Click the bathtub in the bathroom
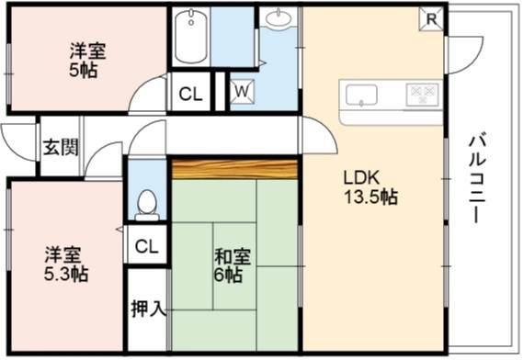[x=191, y=36]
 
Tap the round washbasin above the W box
[x=279, y=17]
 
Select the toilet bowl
[x=147, y=205]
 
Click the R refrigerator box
[x=431, y=19]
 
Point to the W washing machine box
[x=243, y=91]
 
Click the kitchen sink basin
[x=361, y=95]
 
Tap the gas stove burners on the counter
[x=422, y=95]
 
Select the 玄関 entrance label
[x=61, y=147]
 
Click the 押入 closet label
[x=148, y=309]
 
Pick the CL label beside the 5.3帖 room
[x=146, y=247]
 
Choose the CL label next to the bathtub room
[x=190, y=95]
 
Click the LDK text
[x=361, y=178]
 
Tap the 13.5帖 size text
[x=371, y=197]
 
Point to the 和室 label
[x=233, y=256]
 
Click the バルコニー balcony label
[x=478, y=177]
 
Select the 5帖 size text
[x=84, y=70]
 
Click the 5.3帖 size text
[x=66, y=274]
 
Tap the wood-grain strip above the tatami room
[x=234, y=170]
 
